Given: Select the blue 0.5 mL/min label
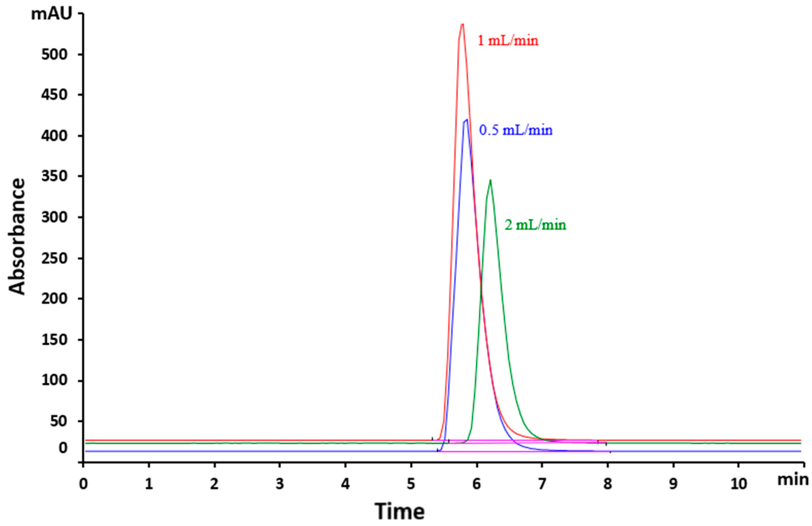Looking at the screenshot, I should tap(516, 131).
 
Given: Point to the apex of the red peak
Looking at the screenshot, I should tap(462, 24).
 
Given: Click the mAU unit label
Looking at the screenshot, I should tap(51, 14).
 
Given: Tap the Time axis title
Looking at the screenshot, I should tap(400, 511).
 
